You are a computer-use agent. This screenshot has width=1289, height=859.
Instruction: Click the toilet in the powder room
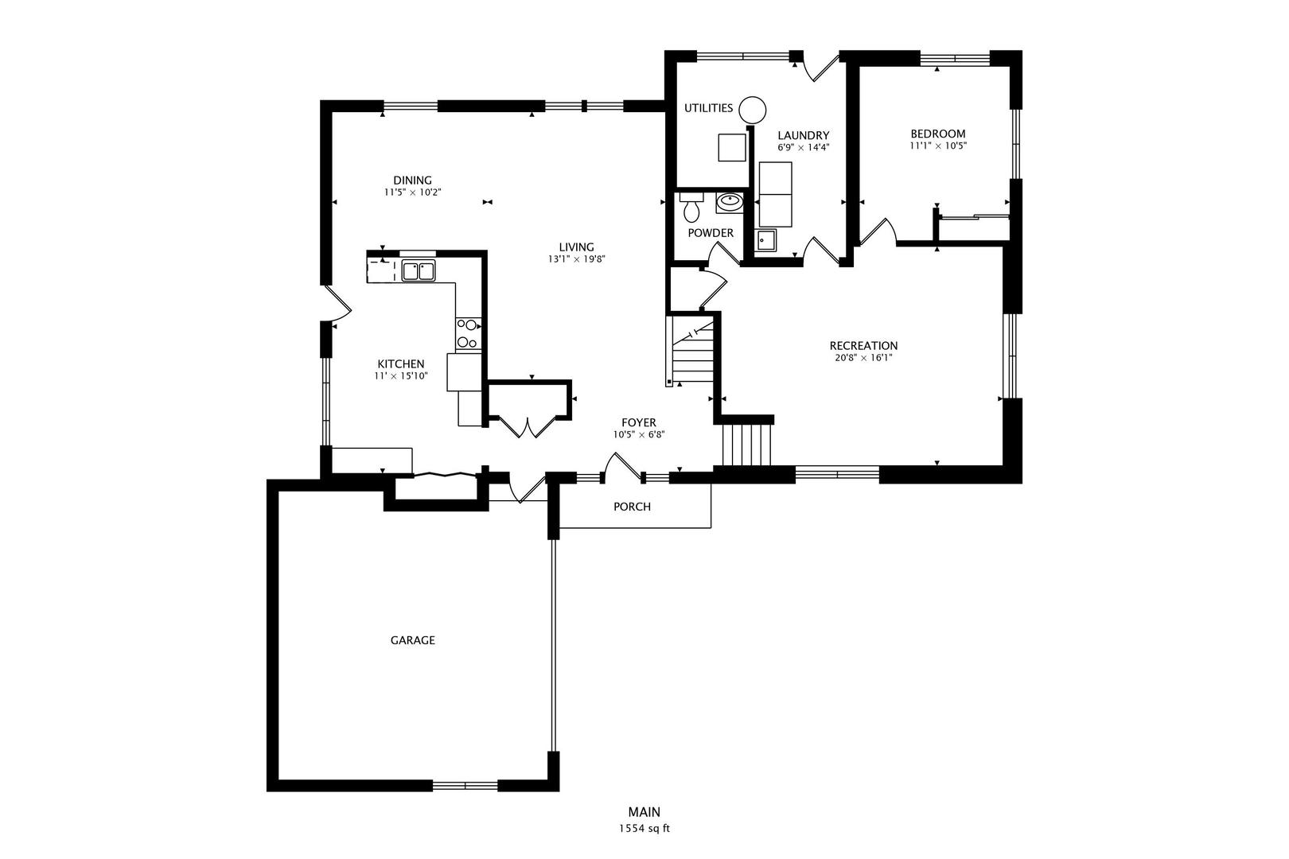click(691, 209)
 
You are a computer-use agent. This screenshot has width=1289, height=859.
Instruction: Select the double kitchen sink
click(419, 271)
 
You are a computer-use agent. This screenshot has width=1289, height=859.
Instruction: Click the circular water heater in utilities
click(752, 109)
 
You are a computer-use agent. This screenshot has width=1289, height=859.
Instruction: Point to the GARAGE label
click(412, 640)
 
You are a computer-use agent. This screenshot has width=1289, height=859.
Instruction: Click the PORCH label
click(632, 507)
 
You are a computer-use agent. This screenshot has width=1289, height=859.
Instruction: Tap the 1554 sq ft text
click(644, 829)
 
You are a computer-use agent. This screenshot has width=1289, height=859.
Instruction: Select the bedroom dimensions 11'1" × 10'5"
click(938, 146)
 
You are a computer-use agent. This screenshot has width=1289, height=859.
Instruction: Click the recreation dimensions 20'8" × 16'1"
click(863, 358)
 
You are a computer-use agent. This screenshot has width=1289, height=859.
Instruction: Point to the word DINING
click(412, 181)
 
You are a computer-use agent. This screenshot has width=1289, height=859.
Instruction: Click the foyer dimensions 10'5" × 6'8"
click(638, 435)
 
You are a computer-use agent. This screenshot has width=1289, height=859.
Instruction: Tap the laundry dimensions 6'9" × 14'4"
click(803, 148)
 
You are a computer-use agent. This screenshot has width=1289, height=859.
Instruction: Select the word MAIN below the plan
click(644, 812)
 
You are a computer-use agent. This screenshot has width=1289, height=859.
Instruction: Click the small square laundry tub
click(765, 239)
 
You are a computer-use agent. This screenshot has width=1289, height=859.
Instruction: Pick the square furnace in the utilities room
click(732, 148)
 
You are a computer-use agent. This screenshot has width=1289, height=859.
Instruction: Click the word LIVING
click(576, 247)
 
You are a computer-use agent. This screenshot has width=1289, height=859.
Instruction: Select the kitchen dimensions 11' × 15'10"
click(401, 376)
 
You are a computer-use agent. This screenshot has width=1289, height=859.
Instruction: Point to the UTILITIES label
click(708, 108)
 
